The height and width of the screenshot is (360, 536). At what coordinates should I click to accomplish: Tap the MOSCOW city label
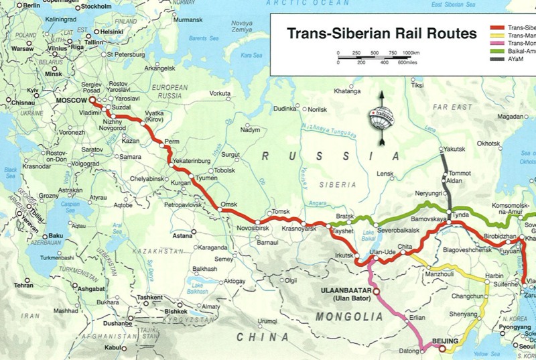point(70,101)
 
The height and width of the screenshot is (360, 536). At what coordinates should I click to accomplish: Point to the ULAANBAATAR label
point(342,290)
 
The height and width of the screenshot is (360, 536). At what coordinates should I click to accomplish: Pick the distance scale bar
point(375,59)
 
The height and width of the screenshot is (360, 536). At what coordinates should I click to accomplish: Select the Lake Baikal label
point(368,235)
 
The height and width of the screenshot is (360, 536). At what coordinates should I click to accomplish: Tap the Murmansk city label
point(188,19)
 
